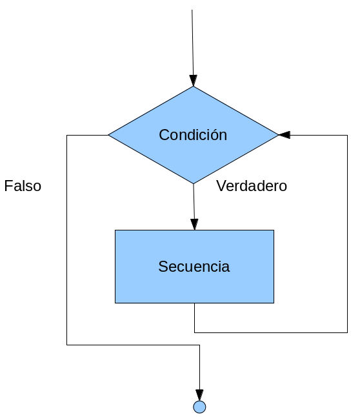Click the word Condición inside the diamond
[x=193, y=134]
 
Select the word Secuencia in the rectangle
[x=194, y=266]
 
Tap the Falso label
[x=23, y=186]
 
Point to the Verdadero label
[x=252, y=186]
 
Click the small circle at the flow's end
[x=199, y=407]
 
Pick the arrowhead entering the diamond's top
[x=194, y=81]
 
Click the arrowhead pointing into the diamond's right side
[x=284, y=135]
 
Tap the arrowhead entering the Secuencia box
[x=194, y=225]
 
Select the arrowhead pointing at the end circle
[x=199, y=395]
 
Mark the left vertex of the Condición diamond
[x=108, y=135]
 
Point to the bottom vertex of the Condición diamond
[x=194, y=183]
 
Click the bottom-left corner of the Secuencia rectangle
[x=115, y=303]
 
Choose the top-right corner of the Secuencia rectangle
[x=274, y=230]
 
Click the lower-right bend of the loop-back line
[x=347, y=332]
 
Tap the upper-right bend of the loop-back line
[x=347, y=135]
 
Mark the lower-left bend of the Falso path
[x=66, y=345]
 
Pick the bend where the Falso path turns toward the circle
[x=199, y=345]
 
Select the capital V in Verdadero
[x=221, y=186]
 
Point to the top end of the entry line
[x=192, y=10]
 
